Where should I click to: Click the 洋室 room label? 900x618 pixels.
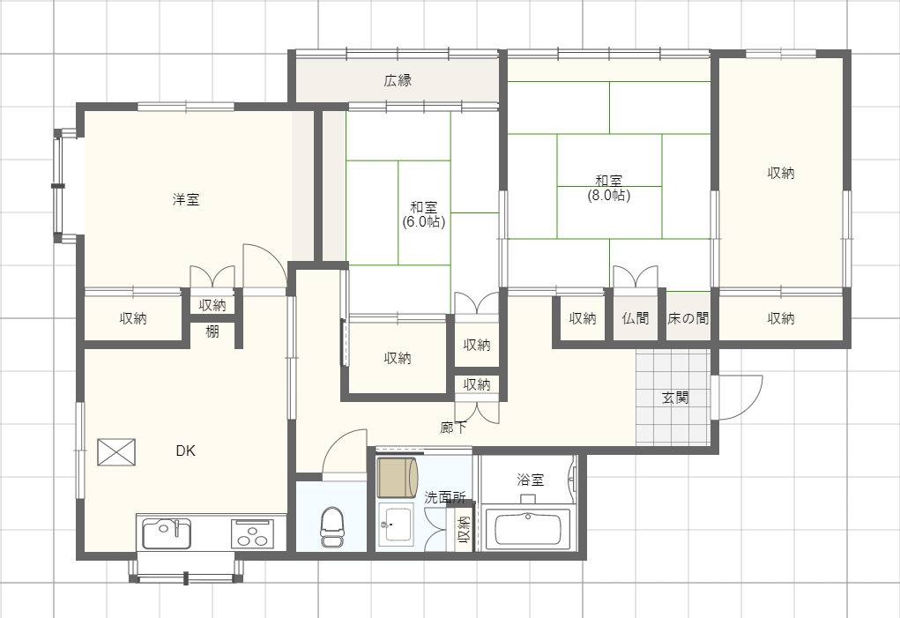tap(186, 200)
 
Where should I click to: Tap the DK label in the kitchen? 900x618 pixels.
tap(185, 451)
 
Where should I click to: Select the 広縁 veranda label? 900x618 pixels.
tap(398, 80)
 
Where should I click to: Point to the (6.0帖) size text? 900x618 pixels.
tap(424, 221)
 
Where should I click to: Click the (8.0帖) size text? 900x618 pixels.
tap(609, 195)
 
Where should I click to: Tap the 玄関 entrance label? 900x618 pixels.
tap(675, 398)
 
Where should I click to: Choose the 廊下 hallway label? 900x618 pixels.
tap(453, 428)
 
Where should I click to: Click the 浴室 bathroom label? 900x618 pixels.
tap(531, 480)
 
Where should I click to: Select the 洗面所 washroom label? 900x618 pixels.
tap(445, 497)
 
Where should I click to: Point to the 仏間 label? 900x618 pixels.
tap(636, 318)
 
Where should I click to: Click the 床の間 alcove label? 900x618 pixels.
tap(688, 318)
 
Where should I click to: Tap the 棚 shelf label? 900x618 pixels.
tap(212, 331)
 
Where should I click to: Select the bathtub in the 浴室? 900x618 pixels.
tap(528, 528)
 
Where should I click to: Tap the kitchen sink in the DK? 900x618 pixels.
tap(167, 533)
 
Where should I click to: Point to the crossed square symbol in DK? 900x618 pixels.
tap(116, 452)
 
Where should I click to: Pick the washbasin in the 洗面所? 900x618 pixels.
tap(396, 524)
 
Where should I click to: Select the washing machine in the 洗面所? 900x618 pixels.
tap(398, 476)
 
